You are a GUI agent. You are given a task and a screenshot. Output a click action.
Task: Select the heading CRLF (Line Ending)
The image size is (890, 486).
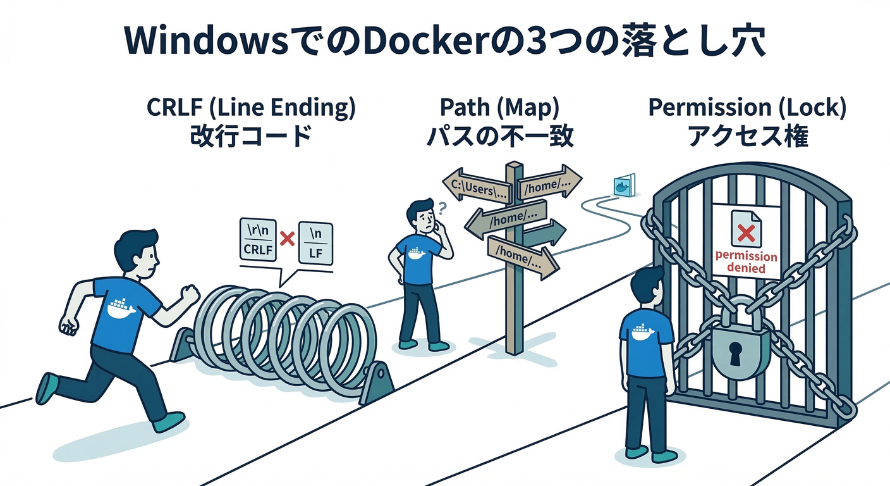pyautogui.click(x=251, y=108)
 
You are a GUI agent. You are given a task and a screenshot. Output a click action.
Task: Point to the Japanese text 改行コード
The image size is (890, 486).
pyautogui.click(x=251, y=137)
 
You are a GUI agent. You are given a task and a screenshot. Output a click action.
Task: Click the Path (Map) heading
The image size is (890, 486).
pyautogui.click(x=499, y=108)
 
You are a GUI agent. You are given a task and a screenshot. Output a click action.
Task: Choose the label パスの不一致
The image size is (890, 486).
pyautogui.click(x=499, y=137)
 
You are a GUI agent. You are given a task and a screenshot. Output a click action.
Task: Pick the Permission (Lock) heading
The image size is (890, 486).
pyautogui.click(x=747, y=108)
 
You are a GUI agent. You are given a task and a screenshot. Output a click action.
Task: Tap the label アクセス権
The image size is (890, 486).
pyautogui.click(x=747, y=137)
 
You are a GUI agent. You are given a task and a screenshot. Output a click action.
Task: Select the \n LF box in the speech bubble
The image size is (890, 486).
pyautogui.click(x=315, y=241)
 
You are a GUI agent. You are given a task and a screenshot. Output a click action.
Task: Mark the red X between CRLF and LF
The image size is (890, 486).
pyautogui.click(x=288, y=239)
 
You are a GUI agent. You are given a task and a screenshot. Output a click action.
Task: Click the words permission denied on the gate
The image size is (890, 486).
pyautogui.click(x=746, y=262)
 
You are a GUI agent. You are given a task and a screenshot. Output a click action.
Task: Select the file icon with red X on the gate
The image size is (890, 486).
pyautogui.click(x=747, y=229)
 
